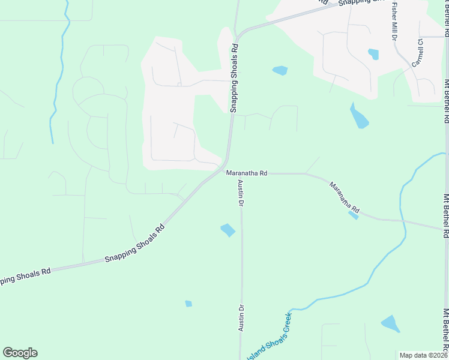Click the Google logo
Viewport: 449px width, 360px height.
click(20, 353)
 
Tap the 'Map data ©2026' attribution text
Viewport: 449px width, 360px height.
click(423, 355)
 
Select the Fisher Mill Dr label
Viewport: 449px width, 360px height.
click(394, 21)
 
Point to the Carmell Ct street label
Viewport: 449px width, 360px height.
click(417, 53)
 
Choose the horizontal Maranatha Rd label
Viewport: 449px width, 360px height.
click(246, 173)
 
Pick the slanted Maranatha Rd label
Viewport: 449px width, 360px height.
click(344, 198)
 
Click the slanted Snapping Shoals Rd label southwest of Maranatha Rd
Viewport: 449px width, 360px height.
click(134, 244)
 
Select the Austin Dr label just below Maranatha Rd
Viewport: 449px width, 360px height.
click(240, 193)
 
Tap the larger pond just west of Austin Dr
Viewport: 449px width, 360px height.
click(228, 230)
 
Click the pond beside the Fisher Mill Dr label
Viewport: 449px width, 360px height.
click(373, 54)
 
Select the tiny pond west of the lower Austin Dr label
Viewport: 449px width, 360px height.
click(188, 304)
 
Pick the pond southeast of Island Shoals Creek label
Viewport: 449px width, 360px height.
click(390, 324)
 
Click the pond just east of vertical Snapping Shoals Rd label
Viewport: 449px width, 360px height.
click(280, 70)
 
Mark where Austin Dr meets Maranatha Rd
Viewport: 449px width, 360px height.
click(241, 173)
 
